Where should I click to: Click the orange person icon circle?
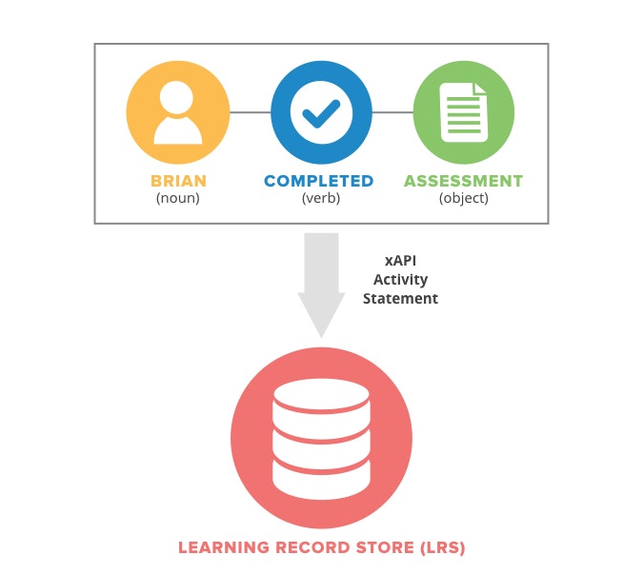click(x=178, y=113)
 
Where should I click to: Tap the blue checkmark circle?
click(x=321, y=113)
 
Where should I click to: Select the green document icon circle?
click(x=464, y=113)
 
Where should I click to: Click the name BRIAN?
click(x=178, y=181)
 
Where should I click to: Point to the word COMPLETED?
click(x=319, y=181)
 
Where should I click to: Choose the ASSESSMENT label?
click(x=464, y=181)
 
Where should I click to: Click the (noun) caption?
click(x=178, y=198)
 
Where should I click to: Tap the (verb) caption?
click(x=320, y=198)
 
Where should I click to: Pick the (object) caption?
click(x=464, y=198)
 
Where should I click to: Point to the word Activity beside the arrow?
click(x=400, y=279)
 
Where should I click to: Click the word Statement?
click(x=400, y=298)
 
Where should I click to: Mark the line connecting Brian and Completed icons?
click(x=250, y=112)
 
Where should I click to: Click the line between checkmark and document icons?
click(x=392, y=112)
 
